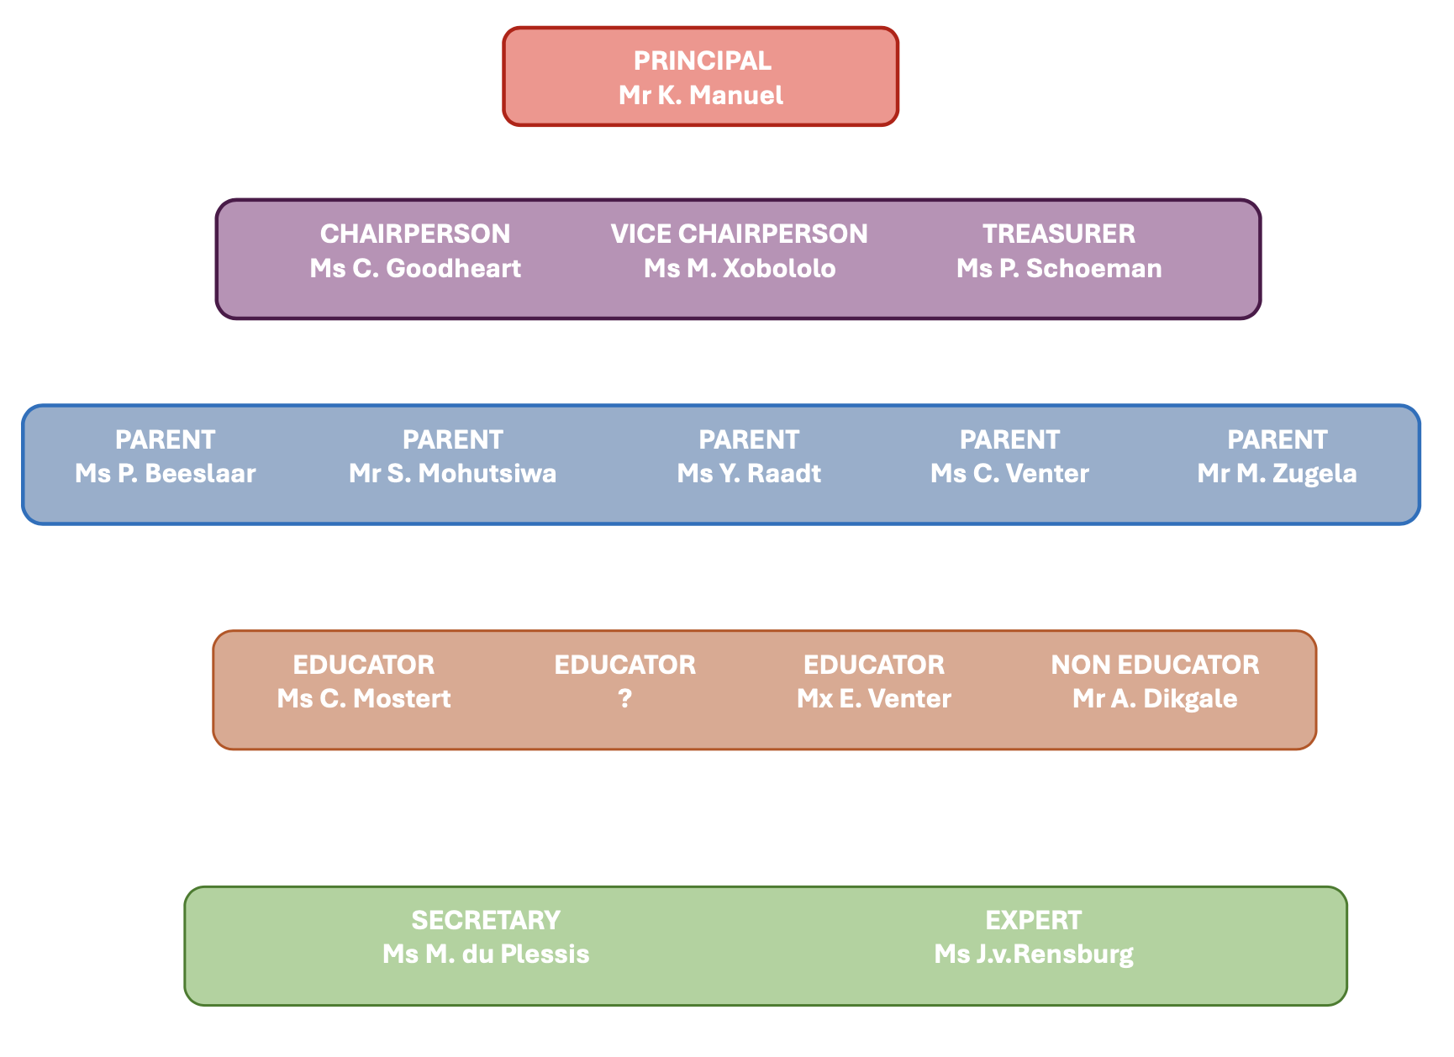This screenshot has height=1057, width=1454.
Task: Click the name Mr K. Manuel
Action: pyautogui.click(x=701, y=95)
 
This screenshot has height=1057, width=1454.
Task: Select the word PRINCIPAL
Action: pyautogui.click(x=702, y=60)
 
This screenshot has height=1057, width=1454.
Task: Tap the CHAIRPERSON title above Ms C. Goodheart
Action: pyautogui.click(x=415, y=234)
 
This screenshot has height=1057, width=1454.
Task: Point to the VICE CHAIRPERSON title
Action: pyautogui.click(x=739, y=234)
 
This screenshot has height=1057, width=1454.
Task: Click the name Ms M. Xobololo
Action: pyautogui.click(x=740, y=268)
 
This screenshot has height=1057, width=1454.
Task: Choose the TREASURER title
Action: pyautogui.click(x=1059, y=234)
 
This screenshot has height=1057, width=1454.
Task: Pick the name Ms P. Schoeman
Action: pyautogui.click(x=1059, y=268)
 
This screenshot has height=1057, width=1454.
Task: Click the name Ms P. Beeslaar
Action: pyautogui.click(x=166, y=473)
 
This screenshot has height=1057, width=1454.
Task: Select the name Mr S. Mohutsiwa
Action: pyautogui.click(x=452, y=473)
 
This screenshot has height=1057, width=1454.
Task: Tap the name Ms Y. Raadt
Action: pyautogui.click(x=749, y=473)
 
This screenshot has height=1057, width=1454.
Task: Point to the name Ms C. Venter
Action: pyautogui.click(x=1009, y=473)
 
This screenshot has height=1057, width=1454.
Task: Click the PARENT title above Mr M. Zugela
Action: pyautogui.click(x=1277, y=439)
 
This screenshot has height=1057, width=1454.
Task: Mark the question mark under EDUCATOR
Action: pyautogui.click(x=624, y=699)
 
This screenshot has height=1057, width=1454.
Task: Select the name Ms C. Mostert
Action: pyautogui.click(x=364, y=698)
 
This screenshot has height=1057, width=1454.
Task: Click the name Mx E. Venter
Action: pyautogui.click(x=874, y=698)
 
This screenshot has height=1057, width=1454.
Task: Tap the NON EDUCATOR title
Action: pyautogui.click(x=1155, y=665)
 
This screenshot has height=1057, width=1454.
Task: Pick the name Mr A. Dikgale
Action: pyautogui.click(x=1155, y=698)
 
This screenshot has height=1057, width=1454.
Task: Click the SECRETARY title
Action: pyautogui.click(x=486, y=920)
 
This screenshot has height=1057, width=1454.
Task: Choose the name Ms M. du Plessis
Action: pyautogui.click(x=486, y=954)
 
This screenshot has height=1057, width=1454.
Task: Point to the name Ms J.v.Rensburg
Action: pyautogui.click(x=1034, y=954)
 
